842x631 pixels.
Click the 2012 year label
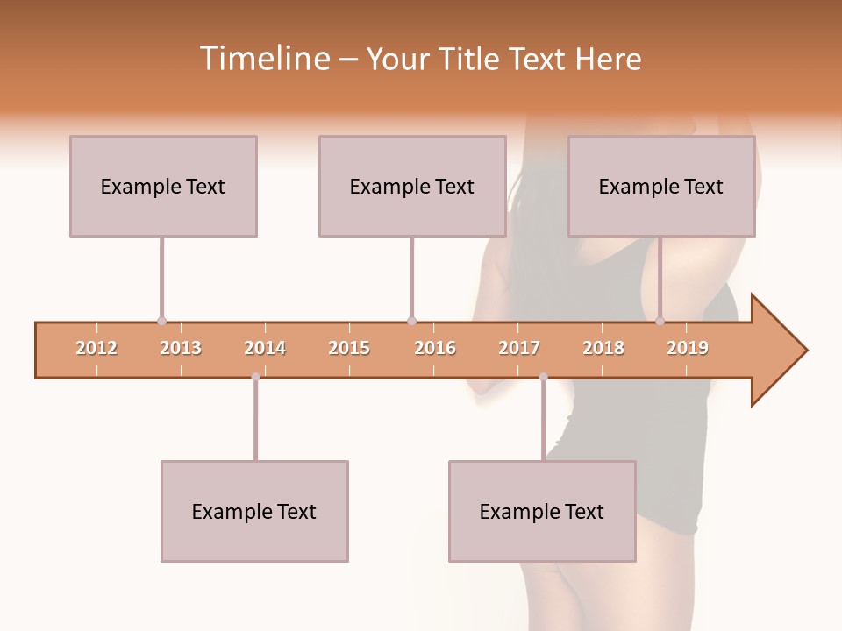point(96,349)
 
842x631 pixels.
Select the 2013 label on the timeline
point(181,349)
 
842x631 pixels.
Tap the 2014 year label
point(265,349)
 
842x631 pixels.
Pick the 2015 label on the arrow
point(349,349)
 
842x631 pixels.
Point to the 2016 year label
point(435,349)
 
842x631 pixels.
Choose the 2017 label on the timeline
point(519,349)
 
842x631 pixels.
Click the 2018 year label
point(603,349)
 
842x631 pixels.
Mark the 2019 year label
point(688,349)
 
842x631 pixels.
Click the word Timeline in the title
point(262,60)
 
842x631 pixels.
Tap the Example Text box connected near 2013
point(163,186)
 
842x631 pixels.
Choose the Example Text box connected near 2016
point(412,186)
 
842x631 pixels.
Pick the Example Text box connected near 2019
point(661,186)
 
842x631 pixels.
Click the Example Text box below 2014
point(254,511)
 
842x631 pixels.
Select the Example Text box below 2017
point(542,511)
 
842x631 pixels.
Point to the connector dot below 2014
point(255,377)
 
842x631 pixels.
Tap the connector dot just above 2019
point(660,321)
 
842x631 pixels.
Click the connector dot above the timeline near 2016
point(411,321)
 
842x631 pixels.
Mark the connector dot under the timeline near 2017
point(543,377)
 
